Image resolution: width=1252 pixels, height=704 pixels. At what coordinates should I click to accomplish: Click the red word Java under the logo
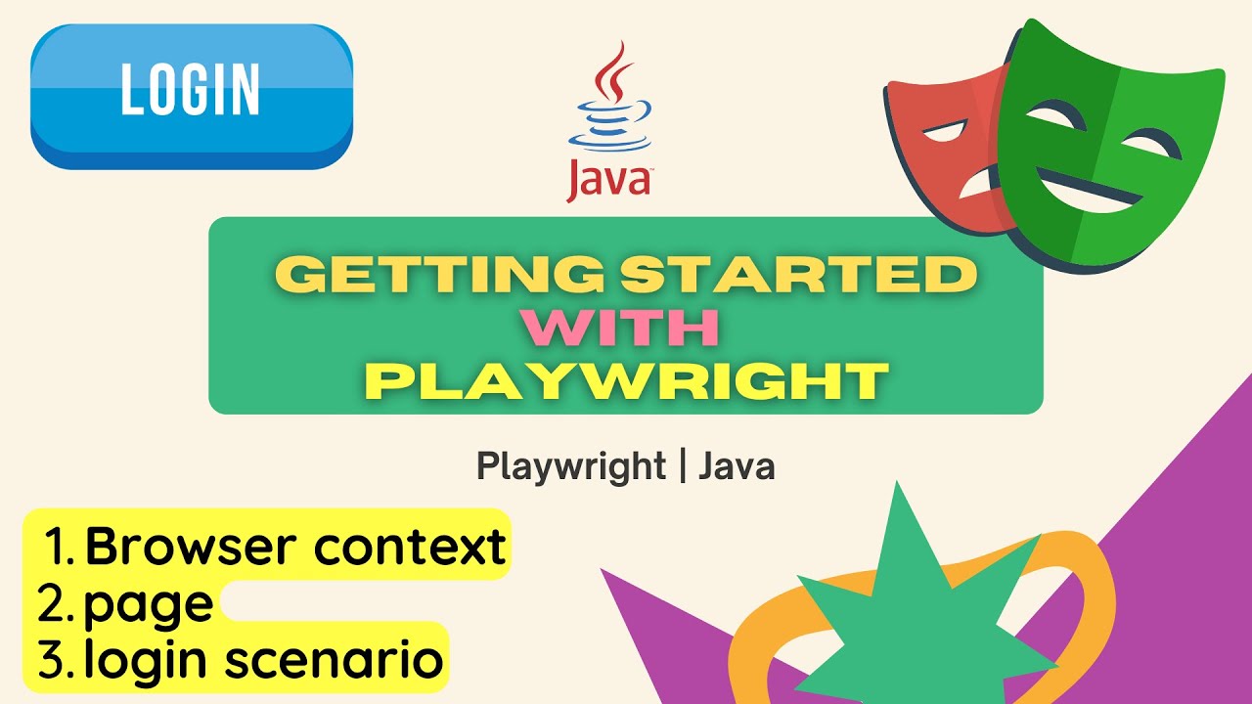(608, 182)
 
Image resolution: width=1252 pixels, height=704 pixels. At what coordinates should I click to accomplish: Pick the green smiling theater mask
(1105, 147)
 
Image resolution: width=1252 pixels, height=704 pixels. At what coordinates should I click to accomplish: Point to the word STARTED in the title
(797, 276)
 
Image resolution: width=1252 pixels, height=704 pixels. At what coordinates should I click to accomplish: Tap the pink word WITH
(627, 329)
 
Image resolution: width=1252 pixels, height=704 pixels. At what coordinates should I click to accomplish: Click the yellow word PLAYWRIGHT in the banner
(626, 380)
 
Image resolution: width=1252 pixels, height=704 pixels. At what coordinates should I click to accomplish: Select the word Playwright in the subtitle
(571, 466)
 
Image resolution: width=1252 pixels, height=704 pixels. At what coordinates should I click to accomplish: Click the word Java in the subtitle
(737, 466)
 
